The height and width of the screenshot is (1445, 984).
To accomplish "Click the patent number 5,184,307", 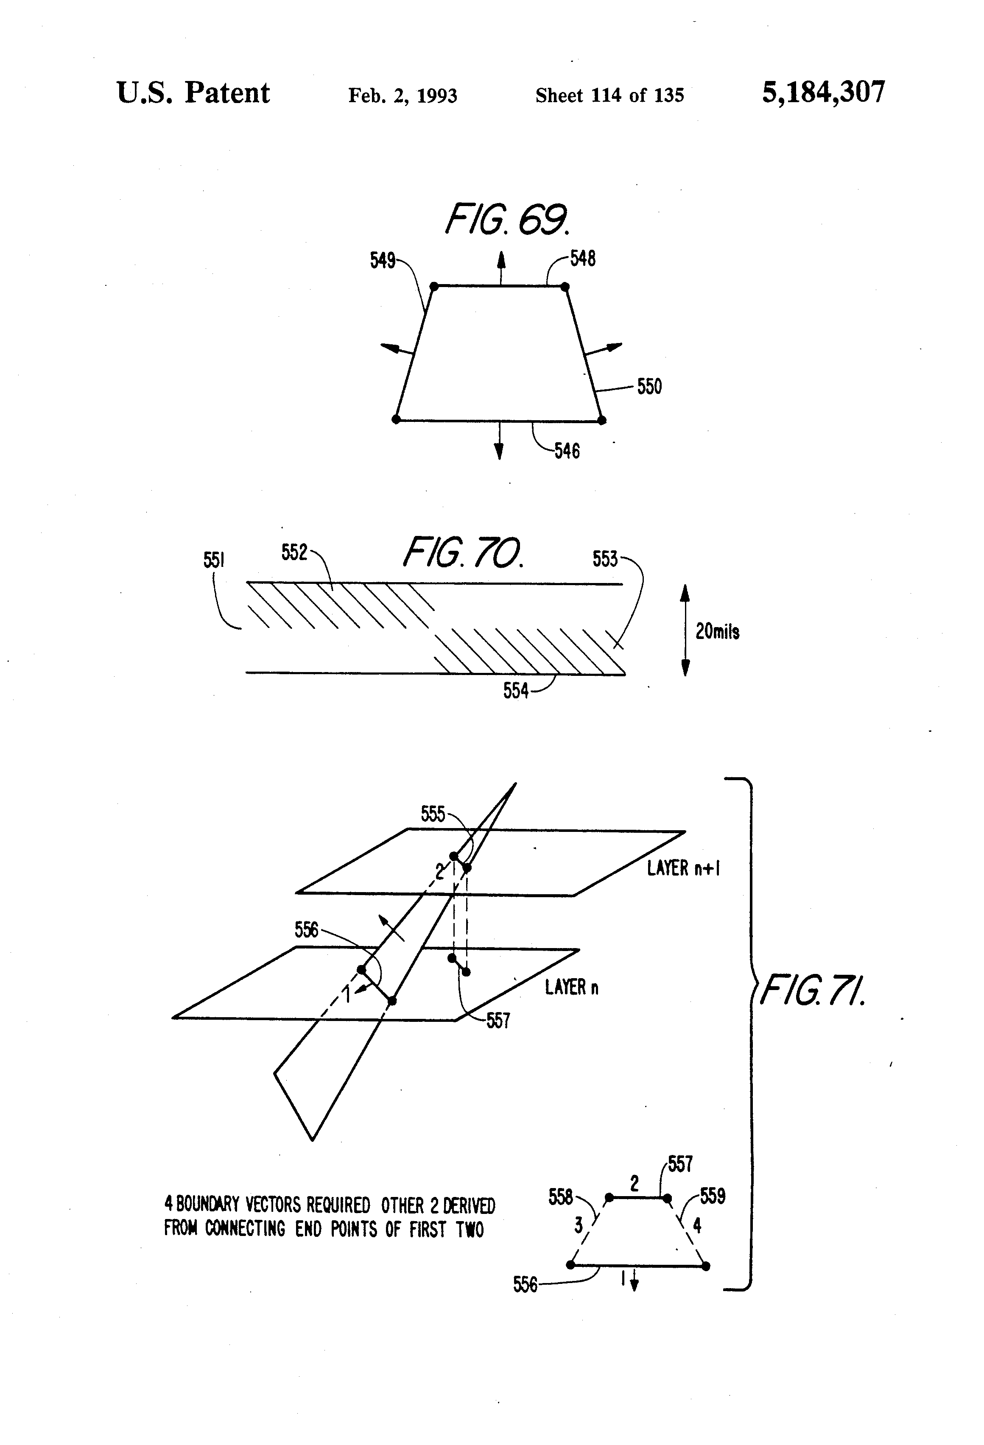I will click(x=823, y=92).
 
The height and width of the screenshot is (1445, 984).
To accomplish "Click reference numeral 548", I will click(x=583, y=258).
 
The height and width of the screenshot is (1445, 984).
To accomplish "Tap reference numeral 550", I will click(x=649, y=387).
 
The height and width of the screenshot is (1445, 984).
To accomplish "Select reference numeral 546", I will click(x=567, y=451).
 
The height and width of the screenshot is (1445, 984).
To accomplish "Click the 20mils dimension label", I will click(x=717, y=632).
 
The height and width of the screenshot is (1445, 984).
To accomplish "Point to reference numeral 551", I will click(x=213, y=560).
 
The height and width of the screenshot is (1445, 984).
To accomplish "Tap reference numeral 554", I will click(x=516, y=691).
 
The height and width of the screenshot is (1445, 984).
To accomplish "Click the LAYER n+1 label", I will click(x=683, y=868).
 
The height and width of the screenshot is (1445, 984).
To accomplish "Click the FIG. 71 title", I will click(x=812, y=990).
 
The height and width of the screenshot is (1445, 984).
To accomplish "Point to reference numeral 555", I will click(x=433, y=814).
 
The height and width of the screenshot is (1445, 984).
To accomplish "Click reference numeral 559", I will click(x=713, y=1196).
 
